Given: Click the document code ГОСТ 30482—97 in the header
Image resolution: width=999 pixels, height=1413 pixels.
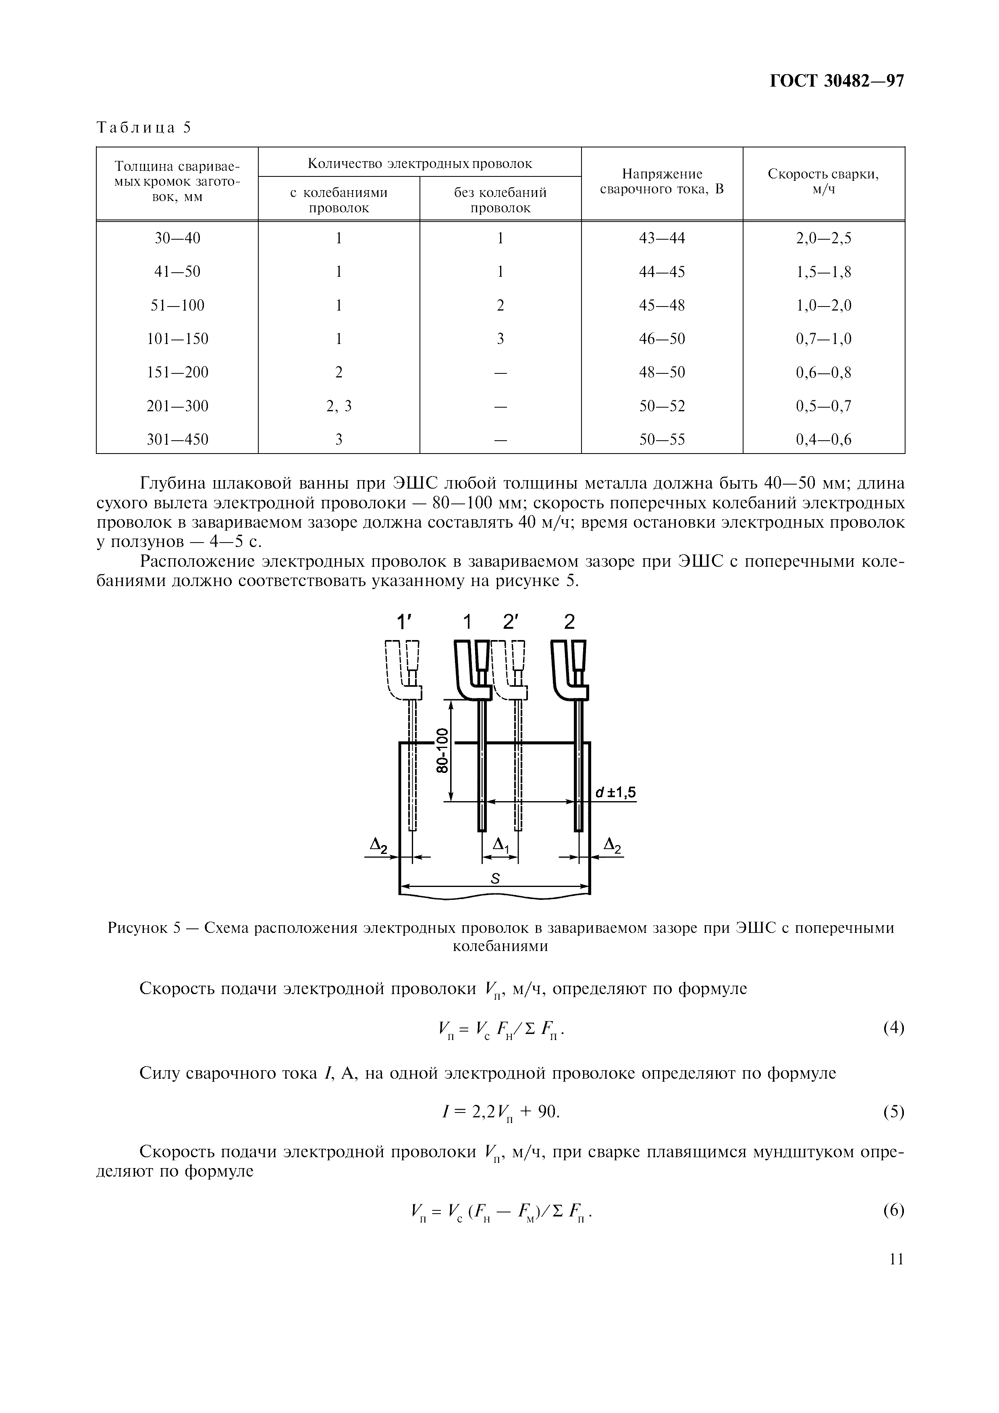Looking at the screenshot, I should pos(837,81).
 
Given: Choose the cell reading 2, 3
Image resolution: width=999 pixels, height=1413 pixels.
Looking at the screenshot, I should pos(339,406).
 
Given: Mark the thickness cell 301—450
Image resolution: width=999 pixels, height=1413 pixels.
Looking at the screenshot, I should pos(177,439).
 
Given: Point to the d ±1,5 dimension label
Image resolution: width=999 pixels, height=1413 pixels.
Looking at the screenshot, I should pos(615,794).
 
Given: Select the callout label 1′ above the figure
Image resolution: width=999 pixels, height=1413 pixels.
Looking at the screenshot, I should pos(403,623).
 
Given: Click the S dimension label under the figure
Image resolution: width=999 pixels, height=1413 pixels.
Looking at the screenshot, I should pos(495,879).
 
